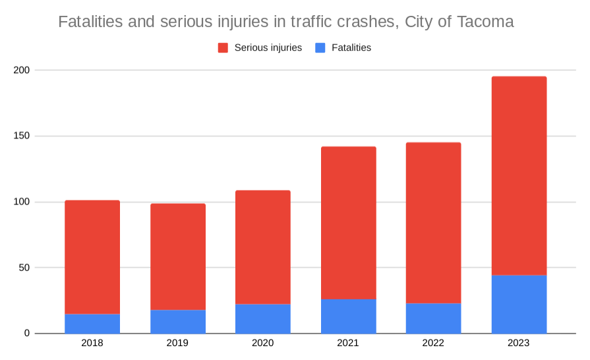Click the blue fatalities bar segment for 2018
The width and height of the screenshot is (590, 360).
(x=92, y=324)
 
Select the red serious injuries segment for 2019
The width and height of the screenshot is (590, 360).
(x=178, y=256)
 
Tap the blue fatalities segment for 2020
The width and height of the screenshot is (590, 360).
(x=263, y=319)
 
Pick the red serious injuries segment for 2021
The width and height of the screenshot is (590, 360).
(x=349, y=223)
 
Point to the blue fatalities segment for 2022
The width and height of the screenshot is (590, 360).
(x=434, y=318)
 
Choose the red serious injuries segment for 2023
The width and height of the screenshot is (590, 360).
(x=519, y=175)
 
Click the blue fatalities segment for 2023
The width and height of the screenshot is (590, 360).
(x=519, y=304)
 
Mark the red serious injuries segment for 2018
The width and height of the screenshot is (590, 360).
(x=92, y=257)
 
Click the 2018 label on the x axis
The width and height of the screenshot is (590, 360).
(x=92, y=343)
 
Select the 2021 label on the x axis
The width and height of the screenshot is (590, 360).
(x=349, y=343)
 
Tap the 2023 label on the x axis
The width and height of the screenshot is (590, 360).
(x=519, y=343)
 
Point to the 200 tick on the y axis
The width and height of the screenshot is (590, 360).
(x=22, y=70)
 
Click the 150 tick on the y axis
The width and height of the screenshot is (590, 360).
(x=22, y=136)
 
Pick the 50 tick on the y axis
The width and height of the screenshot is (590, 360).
(x=24, y=268)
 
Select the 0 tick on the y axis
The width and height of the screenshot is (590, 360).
(x=27, y=334)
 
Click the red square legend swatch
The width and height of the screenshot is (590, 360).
(x=223, y=47)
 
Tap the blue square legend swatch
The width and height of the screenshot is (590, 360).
(x=320, y=47)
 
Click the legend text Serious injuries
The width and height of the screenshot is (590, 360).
(x=268, y=47)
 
